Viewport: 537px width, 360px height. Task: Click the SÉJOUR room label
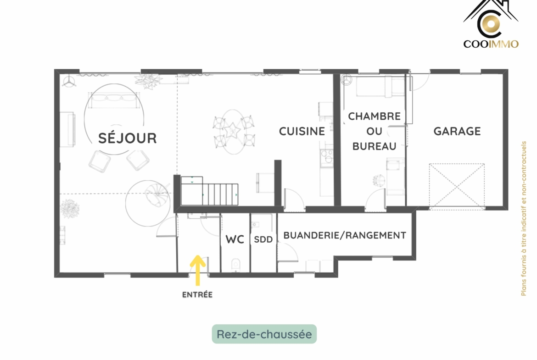[128, 138]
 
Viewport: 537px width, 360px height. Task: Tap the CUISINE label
[302, 131]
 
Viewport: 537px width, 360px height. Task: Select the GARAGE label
[457, 131]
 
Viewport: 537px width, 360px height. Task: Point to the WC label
[235, 239]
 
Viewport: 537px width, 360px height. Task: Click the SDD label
[263, 239]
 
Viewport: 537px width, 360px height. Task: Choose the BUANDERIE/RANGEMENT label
[345, 235]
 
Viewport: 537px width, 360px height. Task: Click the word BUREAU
[375, 146]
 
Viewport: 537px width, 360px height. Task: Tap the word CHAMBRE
[375, 116]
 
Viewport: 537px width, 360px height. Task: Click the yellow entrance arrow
[198, 270]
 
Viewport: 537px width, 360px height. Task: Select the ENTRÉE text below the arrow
[197, 294]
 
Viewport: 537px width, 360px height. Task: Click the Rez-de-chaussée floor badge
[264, 334]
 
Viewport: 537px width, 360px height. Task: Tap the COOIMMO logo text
[491, 44]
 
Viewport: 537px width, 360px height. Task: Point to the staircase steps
[209, 191]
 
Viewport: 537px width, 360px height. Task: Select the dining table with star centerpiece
[233, 132]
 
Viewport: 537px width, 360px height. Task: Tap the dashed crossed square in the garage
[457, 185]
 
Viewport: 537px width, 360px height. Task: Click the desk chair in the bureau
[379, 180]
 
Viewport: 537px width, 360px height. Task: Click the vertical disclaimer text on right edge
[523, 218]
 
